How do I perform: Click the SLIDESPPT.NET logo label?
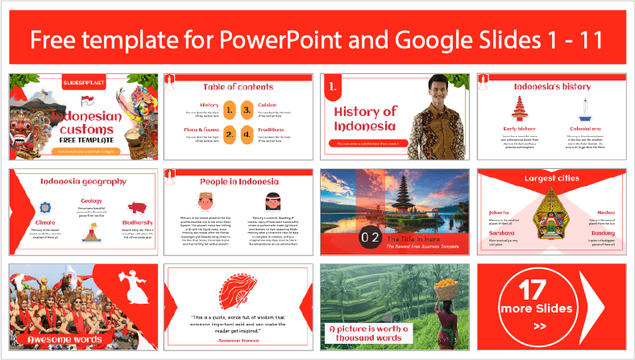tap(84, 83)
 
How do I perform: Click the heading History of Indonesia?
tap(366, 118)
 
